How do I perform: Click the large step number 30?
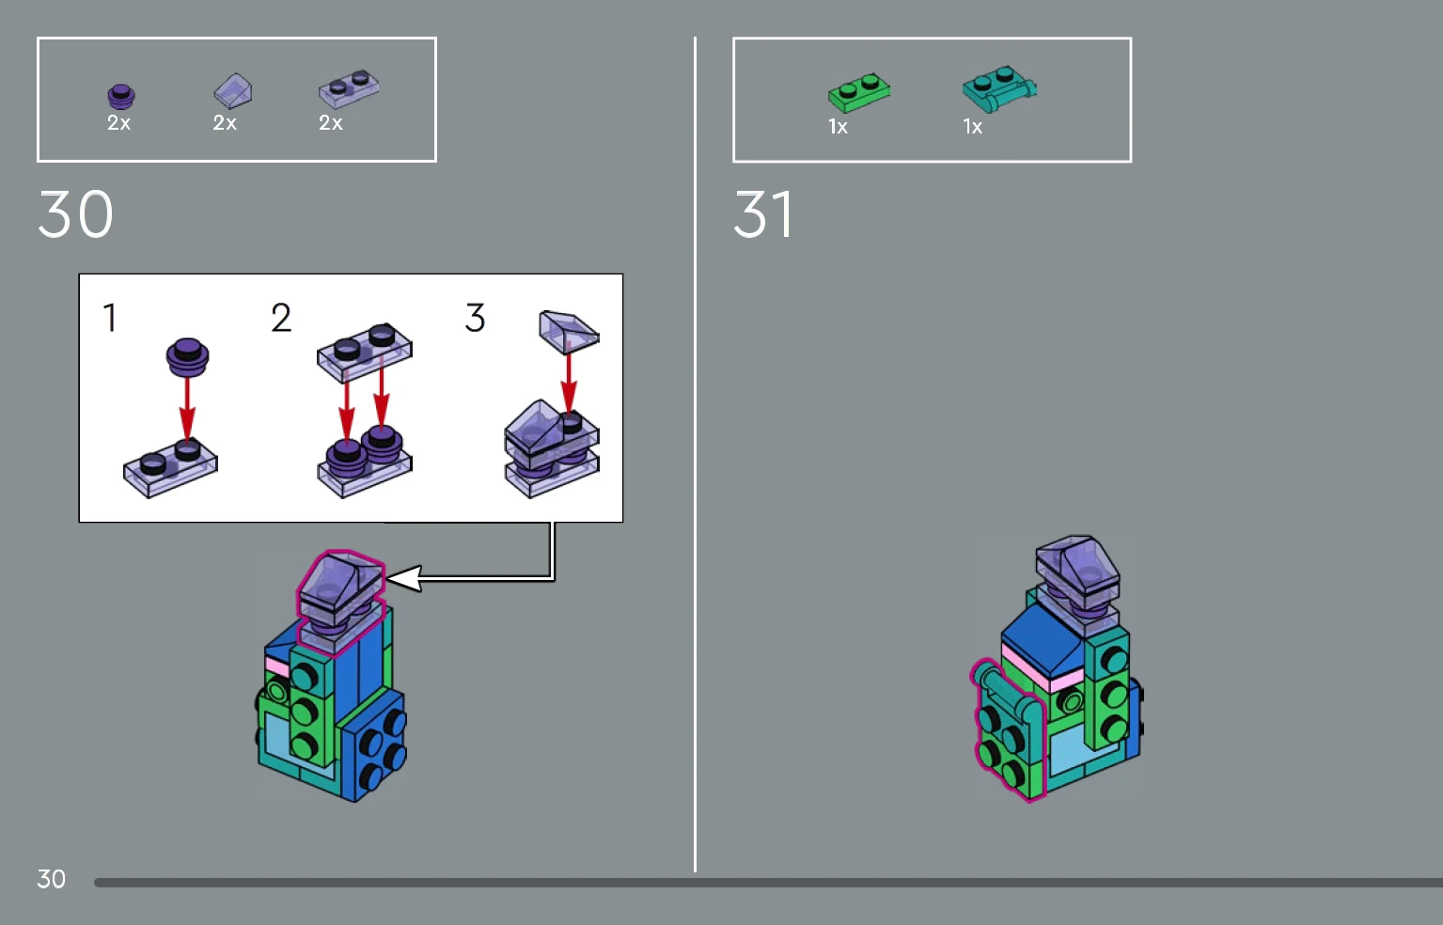point(75,213)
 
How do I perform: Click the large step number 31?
point(763,213)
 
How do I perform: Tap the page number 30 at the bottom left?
point(51,879)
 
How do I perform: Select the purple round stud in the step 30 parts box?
point(120,97)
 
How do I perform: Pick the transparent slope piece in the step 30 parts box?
point(233,90)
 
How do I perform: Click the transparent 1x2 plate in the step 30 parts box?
point(349,88)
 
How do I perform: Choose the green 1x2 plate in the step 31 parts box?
point(858,93)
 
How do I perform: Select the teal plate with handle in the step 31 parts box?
point(999,89)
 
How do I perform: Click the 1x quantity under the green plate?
point(838,127)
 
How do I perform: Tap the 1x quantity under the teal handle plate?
point(972,127)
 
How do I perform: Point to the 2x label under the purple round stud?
point(118,122)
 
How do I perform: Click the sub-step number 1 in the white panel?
point(110,318)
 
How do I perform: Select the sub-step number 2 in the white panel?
point(281,318)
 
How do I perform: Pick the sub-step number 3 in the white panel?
point(475,318)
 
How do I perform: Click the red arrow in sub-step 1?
point(187,408)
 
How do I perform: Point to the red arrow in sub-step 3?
point(568,384)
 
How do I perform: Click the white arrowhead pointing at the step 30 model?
point(404,578)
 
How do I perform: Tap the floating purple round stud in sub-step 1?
point(187,356)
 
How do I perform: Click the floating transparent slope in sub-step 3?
point(569,332)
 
